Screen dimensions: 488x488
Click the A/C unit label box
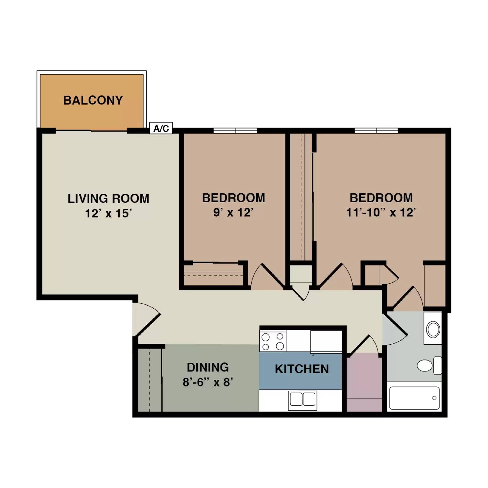pyautogui.click(x=161, y=128)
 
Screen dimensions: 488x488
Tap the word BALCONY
pyautogui.click(x=93, y=100)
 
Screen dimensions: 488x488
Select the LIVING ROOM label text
pyautogui.click(x=108, y=199)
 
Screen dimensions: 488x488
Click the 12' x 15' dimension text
pyautogui.click(x=108, y=213)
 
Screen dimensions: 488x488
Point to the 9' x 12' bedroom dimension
pyautogui.click(x=233, y=212)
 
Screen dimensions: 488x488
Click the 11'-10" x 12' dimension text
pyautogui.click(x=381, y=212)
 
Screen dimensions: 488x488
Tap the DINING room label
pyautogui.click(x=208, y=367)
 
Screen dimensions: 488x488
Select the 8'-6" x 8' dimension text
pyautogui.click(x=208, y=382)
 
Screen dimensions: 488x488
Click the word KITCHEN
pyautogui.click(x=302, y=369)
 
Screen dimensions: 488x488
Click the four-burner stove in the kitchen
pyautogui.click(x=273, y=341)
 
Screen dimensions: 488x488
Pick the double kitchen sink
pyautogui.click(x=302, y=400)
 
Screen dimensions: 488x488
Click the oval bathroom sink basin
pyautogui.click(x=433, y=329)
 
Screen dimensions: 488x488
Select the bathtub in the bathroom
pyautogui.click(x=414, y=398)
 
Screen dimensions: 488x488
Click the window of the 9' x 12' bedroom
pyautogui.click(x=235, y=131)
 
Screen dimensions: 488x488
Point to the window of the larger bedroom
pyautogui.click(x=376, y=131)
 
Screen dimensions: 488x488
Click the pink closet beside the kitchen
pyautogui.click(x=364, y=381)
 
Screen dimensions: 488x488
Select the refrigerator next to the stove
pyautogui.click(x=326, y=341)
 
